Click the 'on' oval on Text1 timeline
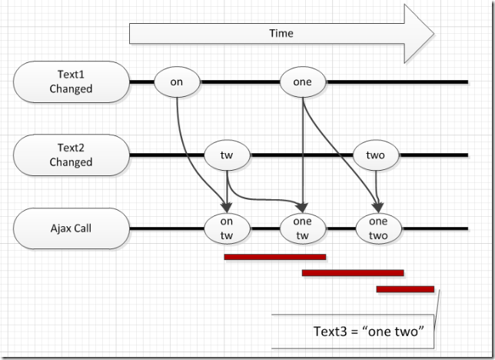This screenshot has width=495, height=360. [x=177, y=81]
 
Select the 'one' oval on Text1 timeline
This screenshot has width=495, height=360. [x=304, y=81]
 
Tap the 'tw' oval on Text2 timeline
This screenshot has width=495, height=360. [x=228, y=155]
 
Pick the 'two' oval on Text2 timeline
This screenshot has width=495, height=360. [x=375, y=155]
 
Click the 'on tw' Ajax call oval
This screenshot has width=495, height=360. [x=228, y=228]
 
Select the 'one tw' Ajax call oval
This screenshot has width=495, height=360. [x=304, y=228]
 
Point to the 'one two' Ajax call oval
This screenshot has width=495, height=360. [x=378, y=228]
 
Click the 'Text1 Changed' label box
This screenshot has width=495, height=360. [x=71, y=82]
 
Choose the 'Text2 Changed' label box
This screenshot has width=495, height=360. [x=71, y=155]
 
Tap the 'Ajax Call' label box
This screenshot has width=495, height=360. [x=71, y=228]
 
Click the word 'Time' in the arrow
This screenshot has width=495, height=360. [x=281, y=34]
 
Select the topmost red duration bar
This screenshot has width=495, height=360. [x=274, y=257]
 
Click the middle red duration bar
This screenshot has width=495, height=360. [x=353, y=272]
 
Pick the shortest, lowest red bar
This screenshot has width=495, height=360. [x=405, y=289]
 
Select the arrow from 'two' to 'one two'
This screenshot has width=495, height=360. [x=376, y=185]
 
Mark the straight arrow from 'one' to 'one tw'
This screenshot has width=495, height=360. [x=304, y=154]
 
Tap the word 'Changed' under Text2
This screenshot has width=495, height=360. [x=71, y=162]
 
